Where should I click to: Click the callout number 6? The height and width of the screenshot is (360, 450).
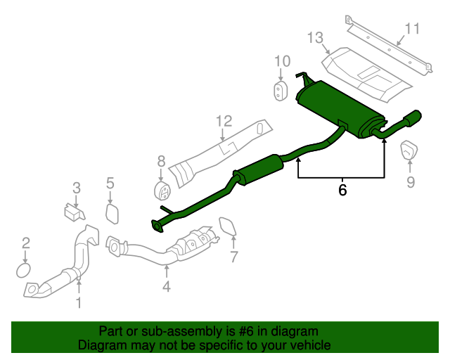342,190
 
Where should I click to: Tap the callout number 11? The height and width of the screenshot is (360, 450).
412,29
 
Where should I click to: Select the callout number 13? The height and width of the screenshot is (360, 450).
314,37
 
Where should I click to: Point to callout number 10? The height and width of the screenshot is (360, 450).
281,61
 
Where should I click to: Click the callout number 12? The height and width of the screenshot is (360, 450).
224,121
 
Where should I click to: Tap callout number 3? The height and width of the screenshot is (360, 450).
77,188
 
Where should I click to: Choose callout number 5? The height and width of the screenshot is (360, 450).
110,184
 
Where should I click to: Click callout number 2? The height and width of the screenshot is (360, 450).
26,243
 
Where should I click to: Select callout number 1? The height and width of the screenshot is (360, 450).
79,303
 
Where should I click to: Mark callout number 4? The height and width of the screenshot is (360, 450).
166,286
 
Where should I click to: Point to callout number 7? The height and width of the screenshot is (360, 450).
234,257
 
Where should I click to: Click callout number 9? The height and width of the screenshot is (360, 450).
411,183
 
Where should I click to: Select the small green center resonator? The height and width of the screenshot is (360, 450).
257,169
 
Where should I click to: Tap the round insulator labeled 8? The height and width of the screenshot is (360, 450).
162,191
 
